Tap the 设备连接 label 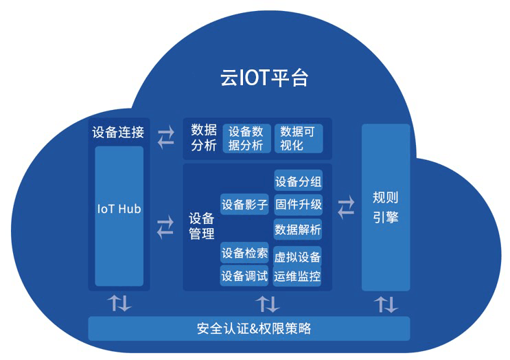coord(119,132)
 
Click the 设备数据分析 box coord(246,138)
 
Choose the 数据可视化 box coord(298,138)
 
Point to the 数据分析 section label coord(204,137)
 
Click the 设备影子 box coord(244,204)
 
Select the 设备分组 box coord(298,182)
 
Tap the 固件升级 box coord(298,204)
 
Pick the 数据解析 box coord(298,229)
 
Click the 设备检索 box coord(244,254)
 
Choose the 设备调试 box coord(244,275)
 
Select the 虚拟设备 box coord(298,257)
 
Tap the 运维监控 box coord(298,276)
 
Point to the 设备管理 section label coord(202,226)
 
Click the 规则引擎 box coord(385,207)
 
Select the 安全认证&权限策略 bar coord(249,328)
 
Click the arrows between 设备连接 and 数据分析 coord(165,137)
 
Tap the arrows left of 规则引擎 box coord(347,205)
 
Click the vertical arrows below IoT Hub coord(118,303)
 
